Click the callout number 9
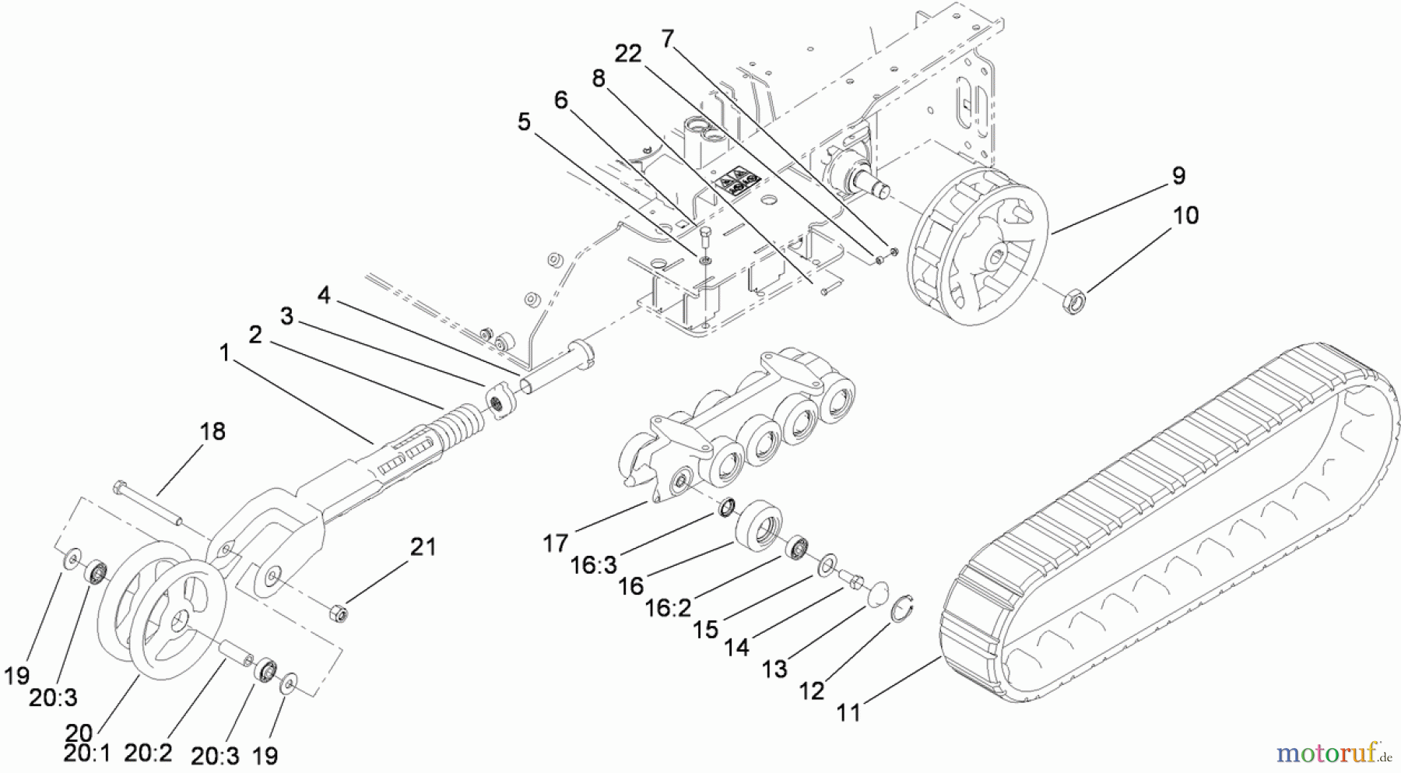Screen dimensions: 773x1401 point(1178,176)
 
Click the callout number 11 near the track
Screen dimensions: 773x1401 point(848,712)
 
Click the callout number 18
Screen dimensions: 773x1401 point(212,431)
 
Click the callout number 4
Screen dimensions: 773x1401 point(324,296)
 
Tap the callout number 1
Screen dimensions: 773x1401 point(224,353)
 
